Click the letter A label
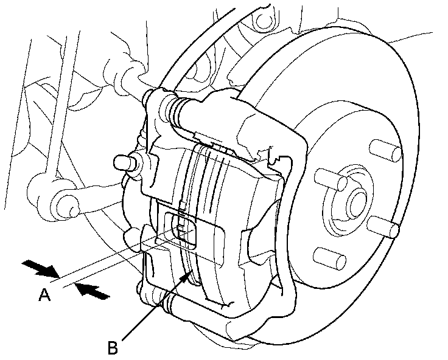[43, 296]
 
